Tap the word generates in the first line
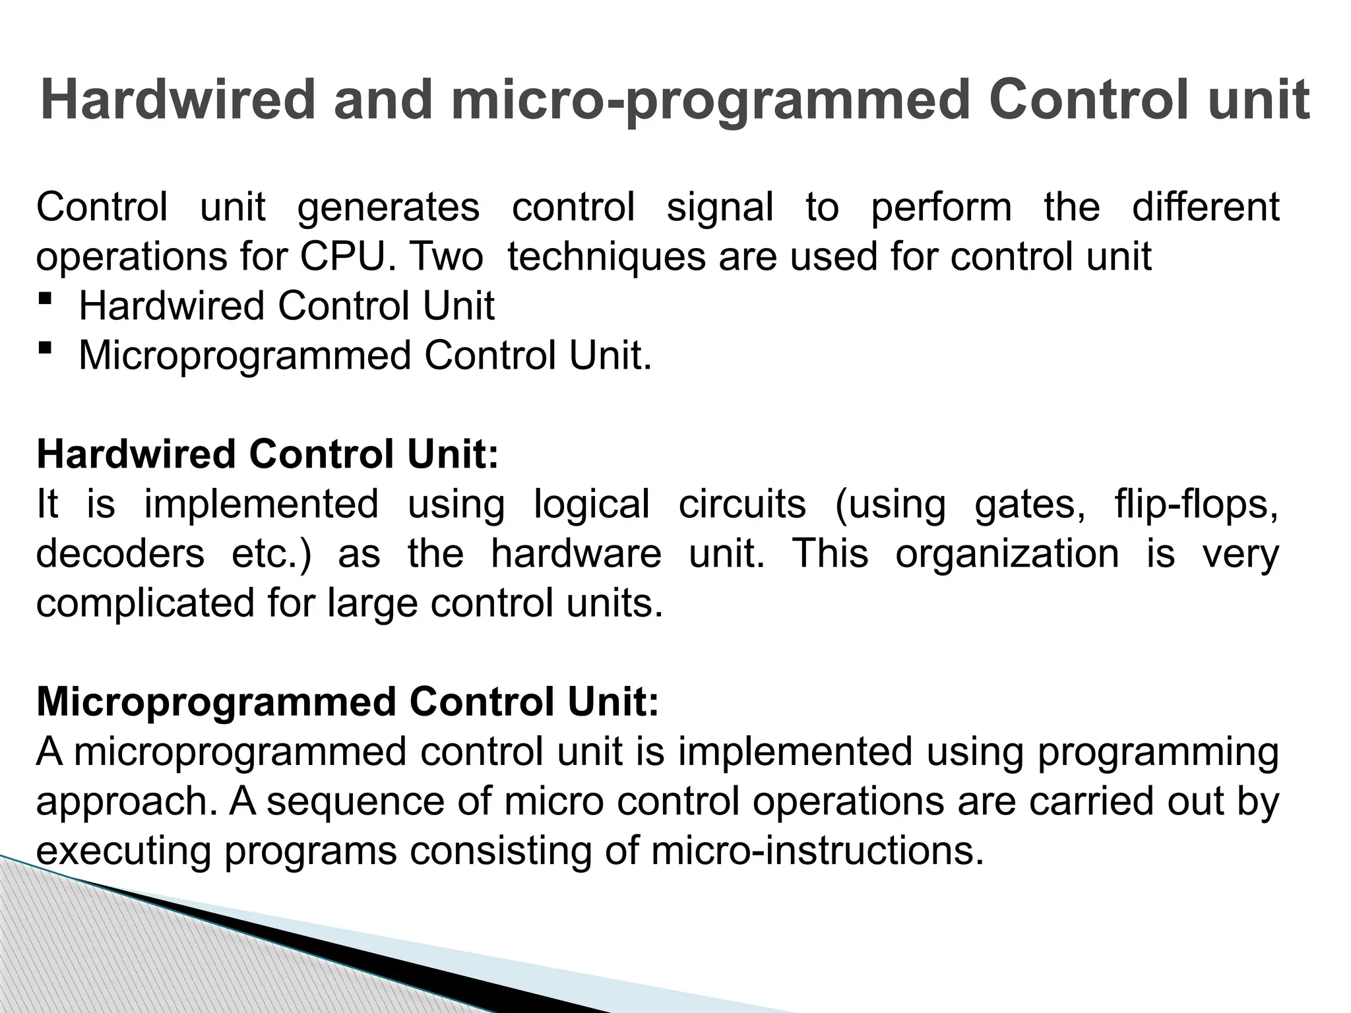pos(389,207)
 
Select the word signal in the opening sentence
pos(720,207)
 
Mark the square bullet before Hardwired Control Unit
pos(45,299)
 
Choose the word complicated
pos(145,603)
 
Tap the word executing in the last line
pos(124,851)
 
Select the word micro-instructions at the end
pos(817,851)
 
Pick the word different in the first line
pos(1206,207)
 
